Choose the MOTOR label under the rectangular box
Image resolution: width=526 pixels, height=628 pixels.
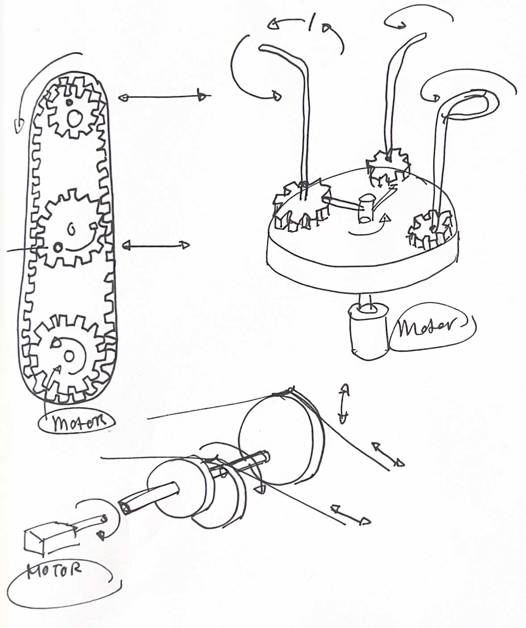click(54, 571)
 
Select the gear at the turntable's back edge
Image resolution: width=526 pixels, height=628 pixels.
click(388, 167)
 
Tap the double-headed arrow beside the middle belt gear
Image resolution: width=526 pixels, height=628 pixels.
click(156, 245)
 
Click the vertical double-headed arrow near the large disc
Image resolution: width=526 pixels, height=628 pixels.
click(344, 402)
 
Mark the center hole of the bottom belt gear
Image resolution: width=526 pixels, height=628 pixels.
click(69, 356)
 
